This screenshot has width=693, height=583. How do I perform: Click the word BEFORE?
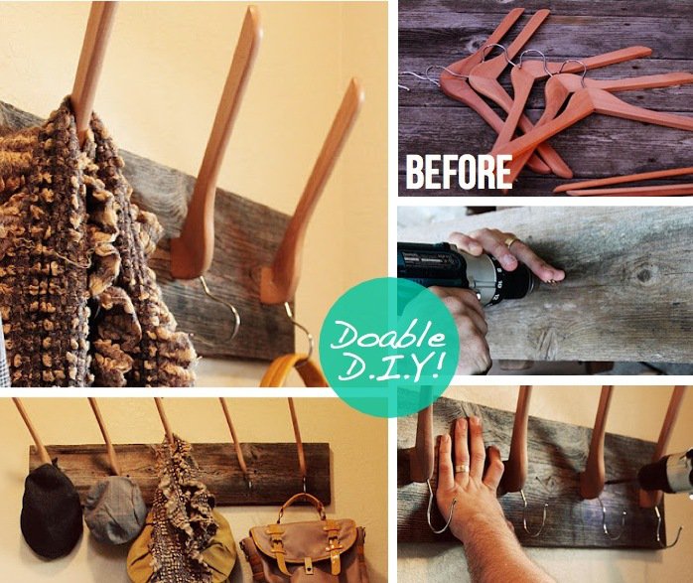point(458,172)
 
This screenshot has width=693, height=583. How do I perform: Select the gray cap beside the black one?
point(114,510)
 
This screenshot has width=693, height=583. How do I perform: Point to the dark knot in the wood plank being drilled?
point(643,271)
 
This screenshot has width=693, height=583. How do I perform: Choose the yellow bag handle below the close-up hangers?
point(293,371)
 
